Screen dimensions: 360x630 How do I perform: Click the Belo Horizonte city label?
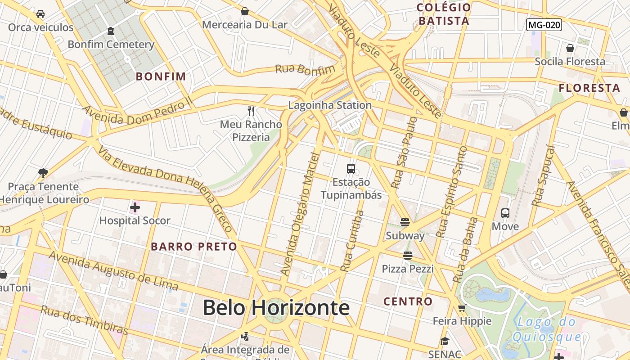(x=276, y=308)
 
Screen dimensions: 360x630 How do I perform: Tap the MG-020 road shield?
(x=544, y=25)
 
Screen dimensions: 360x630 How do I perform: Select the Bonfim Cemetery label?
(x=111, y=45)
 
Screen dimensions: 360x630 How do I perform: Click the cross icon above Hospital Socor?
(x=135, y=207)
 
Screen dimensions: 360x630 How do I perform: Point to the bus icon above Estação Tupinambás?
(x=351, y=169)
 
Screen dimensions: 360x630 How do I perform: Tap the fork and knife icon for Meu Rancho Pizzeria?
(x=251, y=111)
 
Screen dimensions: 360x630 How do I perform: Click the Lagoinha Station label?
(x=330, y=105)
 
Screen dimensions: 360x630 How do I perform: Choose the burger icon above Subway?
(x=405, y=222)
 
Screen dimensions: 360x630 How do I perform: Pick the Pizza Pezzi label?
(x=408, y=269)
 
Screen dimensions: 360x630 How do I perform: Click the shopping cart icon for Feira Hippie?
(x=462, y=308)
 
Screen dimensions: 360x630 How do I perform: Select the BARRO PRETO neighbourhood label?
(x=193, y=247)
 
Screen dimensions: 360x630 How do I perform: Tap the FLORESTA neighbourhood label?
(x=589, y=88)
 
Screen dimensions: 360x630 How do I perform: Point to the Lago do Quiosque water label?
(x=547, y=329)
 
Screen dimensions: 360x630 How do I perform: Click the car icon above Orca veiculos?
(x=40, y=13)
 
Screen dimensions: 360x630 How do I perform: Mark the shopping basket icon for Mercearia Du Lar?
(x=245, y=11)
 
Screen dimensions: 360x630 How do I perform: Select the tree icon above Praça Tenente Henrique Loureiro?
(x=43, y=173)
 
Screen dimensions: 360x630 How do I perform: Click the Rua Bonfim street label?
(x=305, y=69)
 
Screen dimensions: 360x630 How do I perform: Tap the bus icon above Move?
(x=505, y=213)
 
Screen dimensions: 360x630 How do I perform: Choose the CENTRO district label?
(x=408, y=301)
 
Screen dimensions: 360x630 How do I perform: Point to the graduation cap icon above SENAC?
(x=445, y=342)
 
